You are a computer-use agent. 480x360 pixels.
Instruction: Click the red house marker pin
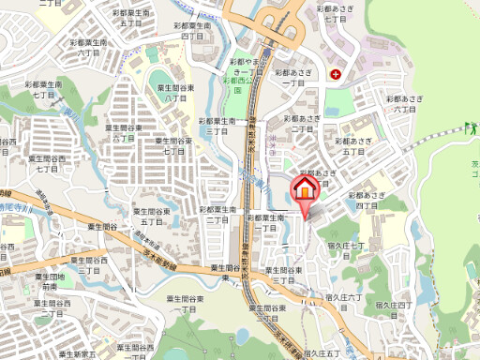coord(306,188)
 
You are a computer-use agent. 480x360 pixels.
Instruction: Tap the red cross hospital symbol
coord(336,73)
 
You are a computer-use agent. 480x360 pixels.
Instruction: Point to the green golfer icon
coord(470,131)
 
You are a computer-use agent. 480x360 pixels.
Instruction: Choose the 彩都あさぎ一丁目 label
coord(293,77)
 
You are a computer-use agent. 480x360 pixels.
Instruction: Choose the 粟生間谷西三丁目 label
coord(89,265)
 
